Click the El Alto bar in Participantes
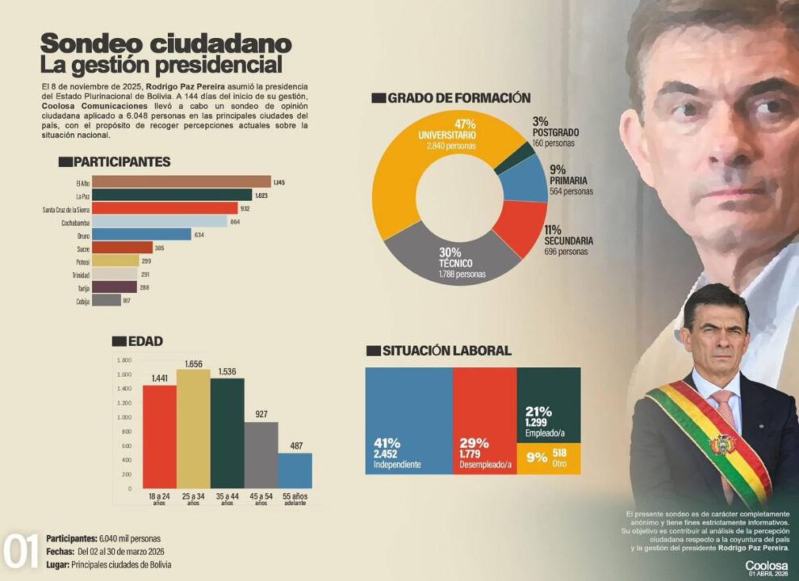182,182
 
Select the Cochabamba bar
160,221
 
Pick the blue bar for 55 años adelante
295,470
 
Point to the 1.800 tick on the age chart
123,361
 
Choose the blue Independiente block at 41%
408,420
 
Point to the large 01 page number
21,552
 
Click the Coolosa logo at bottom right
767,566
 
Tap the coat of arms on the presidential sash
722,444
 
